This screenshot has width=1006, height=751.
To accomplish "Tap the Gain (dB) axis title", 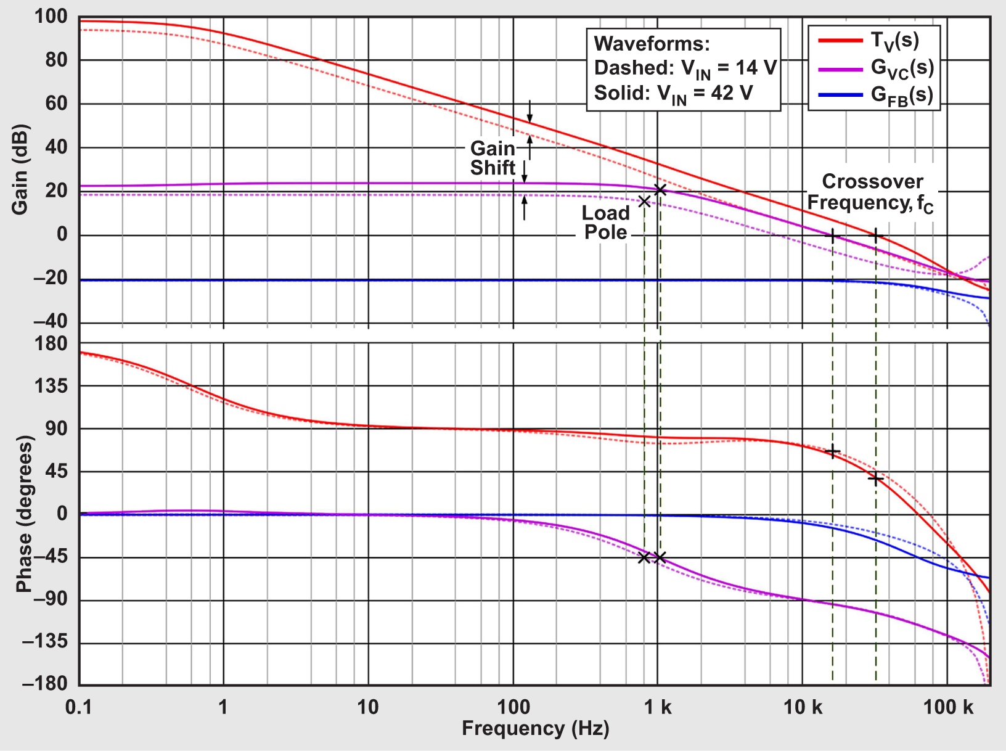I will [x=20, y=170].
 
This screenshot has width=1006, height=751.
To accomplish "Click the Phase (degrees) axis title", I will [x=24, y=514].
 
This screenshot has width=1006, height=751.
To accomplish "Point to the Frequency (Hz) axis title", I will [x=535, y=728].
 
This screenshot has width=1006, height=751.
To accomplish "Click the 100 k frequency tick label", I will [x=947, y=707].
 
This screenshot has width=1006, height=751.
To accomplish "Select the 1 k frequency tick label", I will [x=658, y=707].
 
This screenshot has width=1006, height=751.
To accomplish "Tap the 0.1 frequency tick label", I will [x=79, y=707].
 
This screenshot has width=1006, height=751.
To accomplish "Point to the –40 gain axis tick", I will [x=49, y=321].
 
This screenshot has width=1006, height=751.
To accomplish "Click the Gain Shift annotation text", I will [x=493, y=158].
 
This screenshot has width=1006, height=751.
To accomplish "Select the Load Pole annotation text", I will [x=605, y=223].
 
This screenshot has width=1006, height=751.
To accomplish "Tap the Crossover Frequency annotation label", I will [x=871, y=192].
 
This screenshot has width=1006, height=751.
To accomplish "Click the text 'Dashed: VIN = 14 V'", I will [x=684, y=68].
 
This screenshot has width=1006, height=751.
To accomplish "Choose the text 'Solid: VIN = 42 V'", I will [x=673, y=94].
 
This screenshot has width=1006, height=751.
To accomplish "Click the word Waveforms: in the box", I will [x=652, y=44].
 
